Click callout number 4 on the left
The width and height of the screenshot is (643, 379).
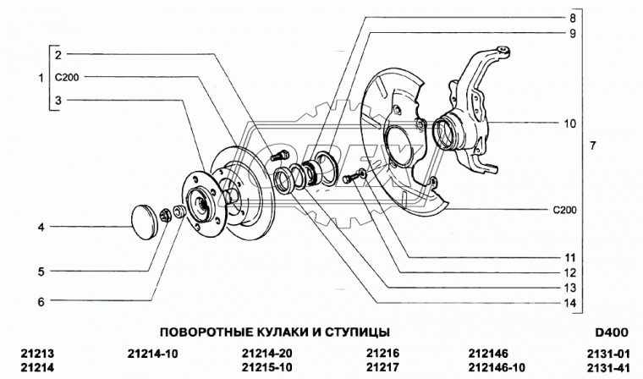40,227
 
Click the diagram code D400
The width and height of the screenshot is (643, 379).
613,331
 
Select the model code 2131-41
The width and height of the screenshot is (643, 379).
612,367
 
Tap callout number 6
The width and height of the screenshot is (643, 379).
40,299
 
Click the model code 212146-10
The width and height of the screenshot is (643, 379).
497,367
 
